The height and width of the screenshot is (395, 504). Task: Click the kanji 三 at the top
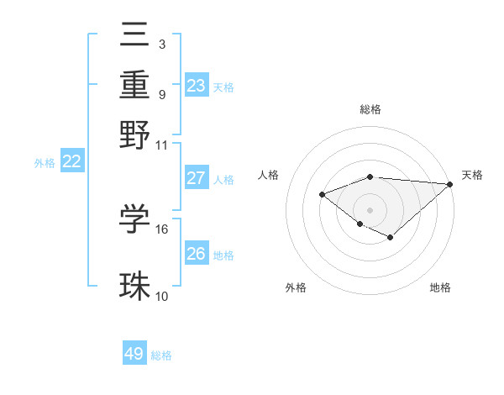click(135, 36)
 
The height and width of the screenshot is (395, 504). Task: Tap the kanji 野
click(135, 134)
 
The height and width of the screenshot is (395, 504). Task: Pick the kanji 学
click(135, 219)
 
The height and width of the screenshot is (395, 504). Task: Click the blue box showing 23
click(197, 86)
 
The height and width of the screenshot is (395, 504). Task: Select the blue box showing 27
click(197, 178)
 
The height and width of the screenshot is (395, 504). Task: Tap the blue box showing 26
click(197, 253)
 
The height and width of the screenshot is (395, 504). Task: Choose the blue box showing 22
click(72, 162)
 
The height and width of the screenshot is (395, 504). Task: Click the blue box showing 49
click(134, 354)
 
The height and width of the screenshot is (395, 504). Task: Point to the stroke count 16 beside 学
click(162, 229)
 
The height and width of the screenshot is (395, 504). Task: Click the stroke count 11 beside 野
click(162, 145)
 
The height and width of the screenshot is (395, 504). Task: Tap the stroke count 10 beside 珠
click(162, 296)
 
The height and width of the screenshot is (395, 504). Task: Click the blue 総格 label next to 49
click(161, 355)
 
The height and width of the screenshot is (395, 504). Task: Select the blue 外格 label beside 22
click(45, 163)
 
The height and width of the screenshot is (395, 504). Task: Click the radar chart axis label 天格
click(472, 175)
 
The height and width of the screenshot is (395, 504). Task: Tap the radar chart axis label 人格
click(269, 175)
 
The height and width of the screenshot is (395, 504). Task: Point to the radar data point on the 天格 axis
click(450, 184)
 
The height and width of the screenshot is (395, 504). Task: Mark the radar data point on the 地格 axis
click(391, 238)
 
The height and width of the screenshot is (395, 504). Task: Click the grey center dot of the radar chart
click(370, 209)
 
